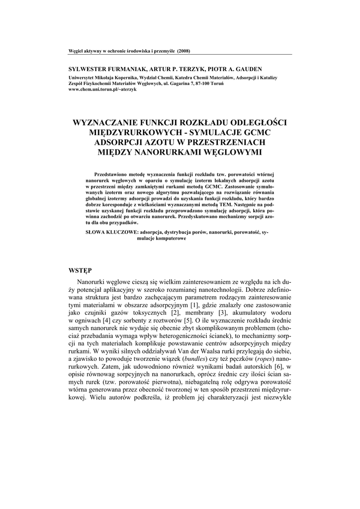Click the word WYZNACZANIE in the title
pyautogui.click(x=106, y=122)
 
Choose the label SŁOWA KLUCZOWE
pyautogui.click(x=111, y=232)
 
